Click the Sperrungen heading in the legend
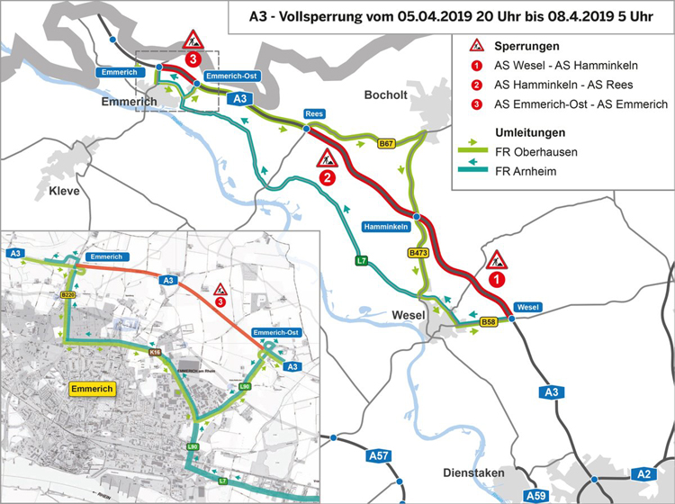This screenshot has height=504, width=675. (x=526, y=45)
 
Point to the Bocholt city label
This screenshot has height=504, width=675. (x=386, y=94)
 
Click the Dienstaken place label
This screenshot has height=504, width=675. (x=473, y=472)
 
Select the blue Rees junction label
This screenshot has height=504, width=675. (x=314, y=114)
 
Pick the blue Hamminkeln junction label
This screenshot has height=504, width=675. (x=388, y=225)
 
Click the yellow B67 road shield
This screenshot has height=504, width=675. (x=387, y=144)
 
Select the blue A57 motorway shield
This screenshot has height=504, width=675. (x=380, y=456)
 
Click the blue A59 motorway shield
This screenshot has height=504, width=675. (x=536, y=495)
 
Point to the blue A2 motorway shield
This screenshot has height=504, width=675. (x=643, y=474)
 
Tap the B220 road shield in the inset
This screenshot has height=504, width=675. (x=67, y=294)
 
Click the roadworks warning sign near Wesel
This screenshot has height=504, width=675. (x=497, y=261)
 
